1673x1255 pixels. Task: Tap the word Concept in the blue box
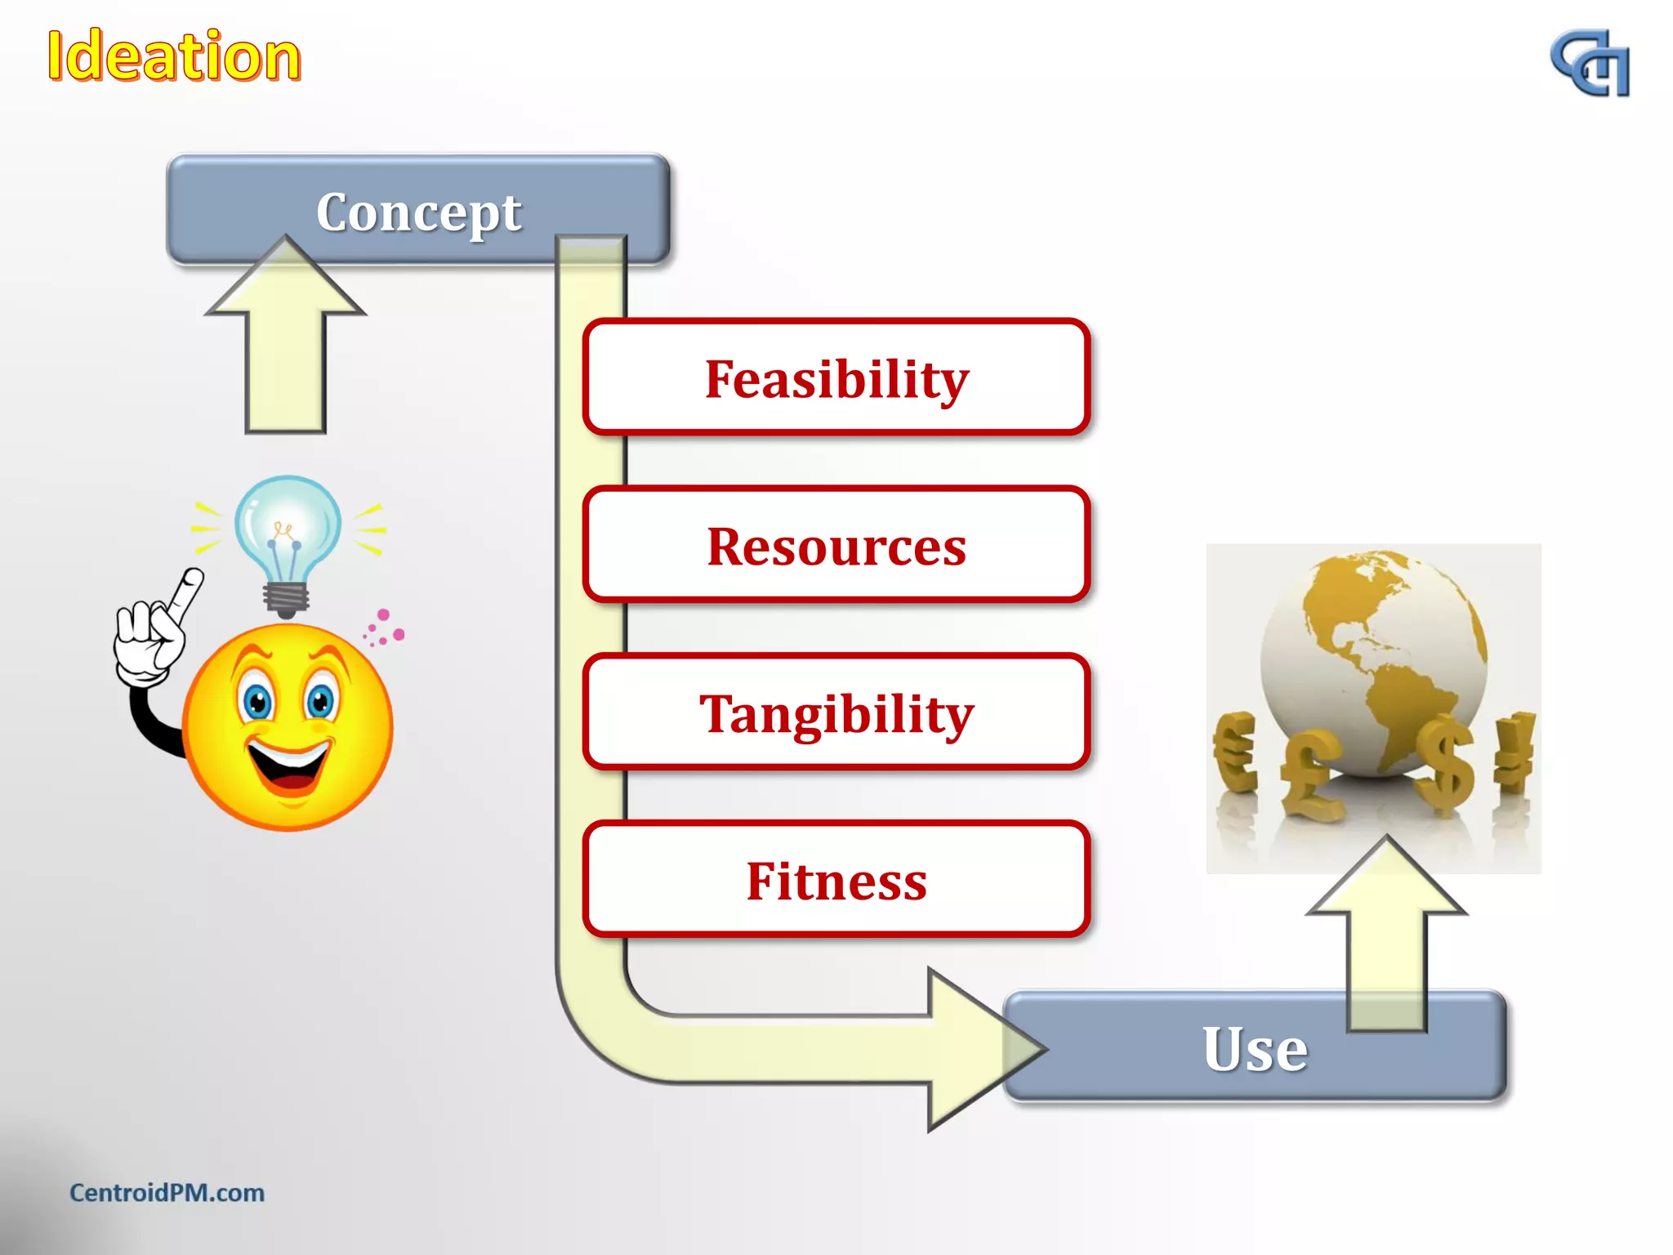(x=418, y=212)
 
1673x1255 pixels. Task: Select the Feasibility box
(x=836, y=378)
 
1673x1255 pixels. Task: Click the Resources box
(x=836, y=546)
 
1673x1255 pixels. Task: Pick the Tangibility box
(x=836, y=713)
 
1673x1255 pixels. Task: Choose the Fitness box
(x=836, y=881)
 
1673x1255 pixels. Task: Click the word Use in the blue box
(x=1254, y=1048)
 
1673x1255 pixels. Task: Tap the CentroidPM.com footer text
(x=167, y=1193)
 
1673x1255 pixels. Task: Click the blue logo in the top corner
(x=1590, y=64)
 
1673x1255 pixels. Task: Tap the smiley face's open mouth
(x=288, y=768)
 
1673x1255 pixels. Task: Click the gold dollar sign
(x=1448, y=764)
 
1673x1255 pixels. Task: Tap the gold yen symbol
(x=1515, y=752)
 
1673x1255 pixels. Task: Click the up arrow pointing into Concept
(x=286, y=343)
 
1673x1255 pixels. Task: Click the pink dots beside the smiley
(x=384, y=627)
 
